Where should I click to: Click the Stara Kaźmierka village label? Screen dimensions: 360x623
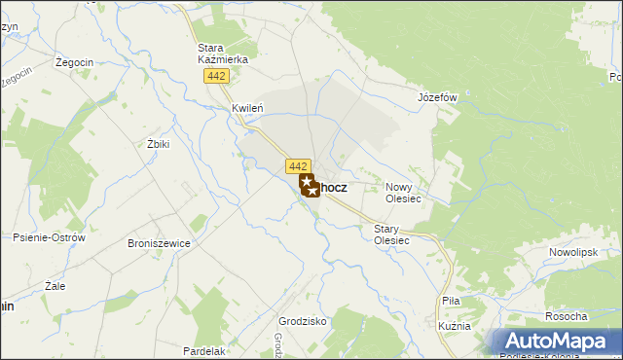pos(223,53)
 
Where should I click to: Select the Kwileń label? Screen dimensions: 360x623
pos(248,109)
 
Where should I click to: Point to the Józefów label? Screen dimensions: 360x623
pos(437,98)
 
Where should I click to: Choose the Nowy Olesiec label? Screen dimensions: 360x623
pos(403,193)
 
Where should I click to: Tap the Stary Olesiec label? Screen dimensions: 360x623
pos(391,234)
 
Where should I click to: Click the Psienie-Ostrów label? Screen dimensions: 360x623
pos(50,237)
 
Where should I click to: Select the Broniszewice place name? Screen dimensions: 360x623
pos(157,244)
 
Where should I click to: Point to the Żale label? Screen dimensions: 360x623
pos(55,287)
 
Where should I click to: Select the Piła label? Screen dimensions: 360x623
pos(451,302)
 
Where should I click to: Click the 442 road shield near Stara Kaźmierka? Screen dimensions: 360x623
pos(216,77)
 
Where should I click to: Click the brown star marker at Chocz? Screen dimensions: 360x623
pos(308,185)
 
